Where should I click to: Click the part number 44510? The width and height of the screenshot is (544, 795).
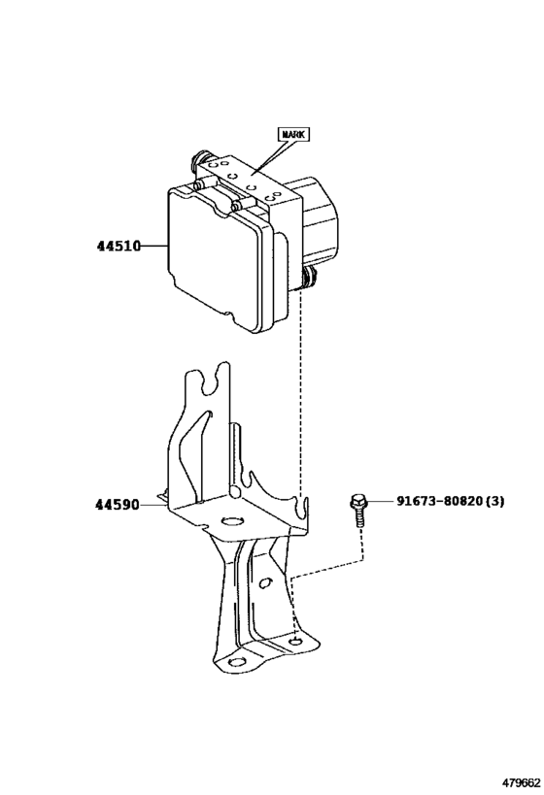119,247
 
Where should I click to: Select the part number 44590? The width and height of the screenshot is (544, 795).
118,505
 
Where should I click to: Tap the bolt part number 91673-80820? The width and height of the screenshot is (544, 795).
438,501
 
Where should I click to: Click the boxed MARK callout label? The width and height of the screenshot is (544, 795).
293,134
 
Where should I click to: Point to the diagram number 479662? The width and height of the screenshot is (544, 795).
521,783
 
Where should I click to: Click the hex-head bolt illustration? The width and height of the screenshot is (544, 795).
358,512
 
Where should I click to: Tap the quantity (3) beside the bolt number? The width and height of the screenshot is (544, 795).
494,501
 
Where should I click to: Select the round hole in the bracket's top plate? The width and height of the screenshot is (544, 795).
232,521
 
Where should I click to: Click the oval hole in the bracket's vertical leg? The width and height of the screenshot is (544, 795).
264,583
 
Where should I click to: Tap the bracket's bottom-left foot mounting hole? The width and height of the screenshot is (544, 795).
237,662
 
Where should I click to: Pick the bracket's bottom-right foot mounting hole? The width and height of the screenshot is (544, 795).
295,642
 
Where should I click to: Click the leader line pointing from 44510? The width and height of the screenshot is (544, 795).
153,247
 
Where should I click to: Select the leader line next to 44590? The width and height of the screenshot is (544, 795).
153,505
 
